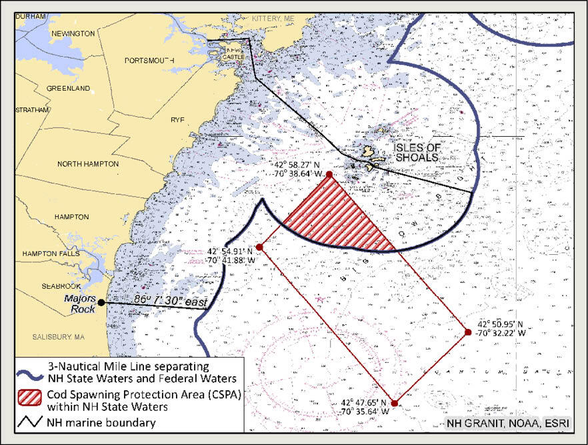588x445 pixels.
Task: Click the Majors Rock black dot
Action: pyautogui.click(x=101, y=302)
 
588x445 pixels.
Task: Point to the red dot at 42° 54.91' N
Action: pyautogui.click(x=259, y=247)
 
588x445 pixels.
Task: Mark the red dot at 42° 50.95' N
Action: pyautogui.click(x=468, y=332)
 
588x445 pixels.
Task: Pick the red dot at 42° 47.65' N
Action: pyautogui.click(x=395, y=403)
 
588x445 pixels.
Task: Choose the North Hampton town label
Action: pyautogui.click(x=88, y=163)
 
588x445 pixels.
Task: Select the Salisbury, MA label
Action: pyautogui.click(x=59, y=337)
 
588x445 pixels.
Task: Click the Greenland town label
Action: pyautogui.click(x=68, y=88)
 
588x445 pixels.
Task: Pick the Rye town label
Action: pyautogui.click(x=177, y=119)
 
